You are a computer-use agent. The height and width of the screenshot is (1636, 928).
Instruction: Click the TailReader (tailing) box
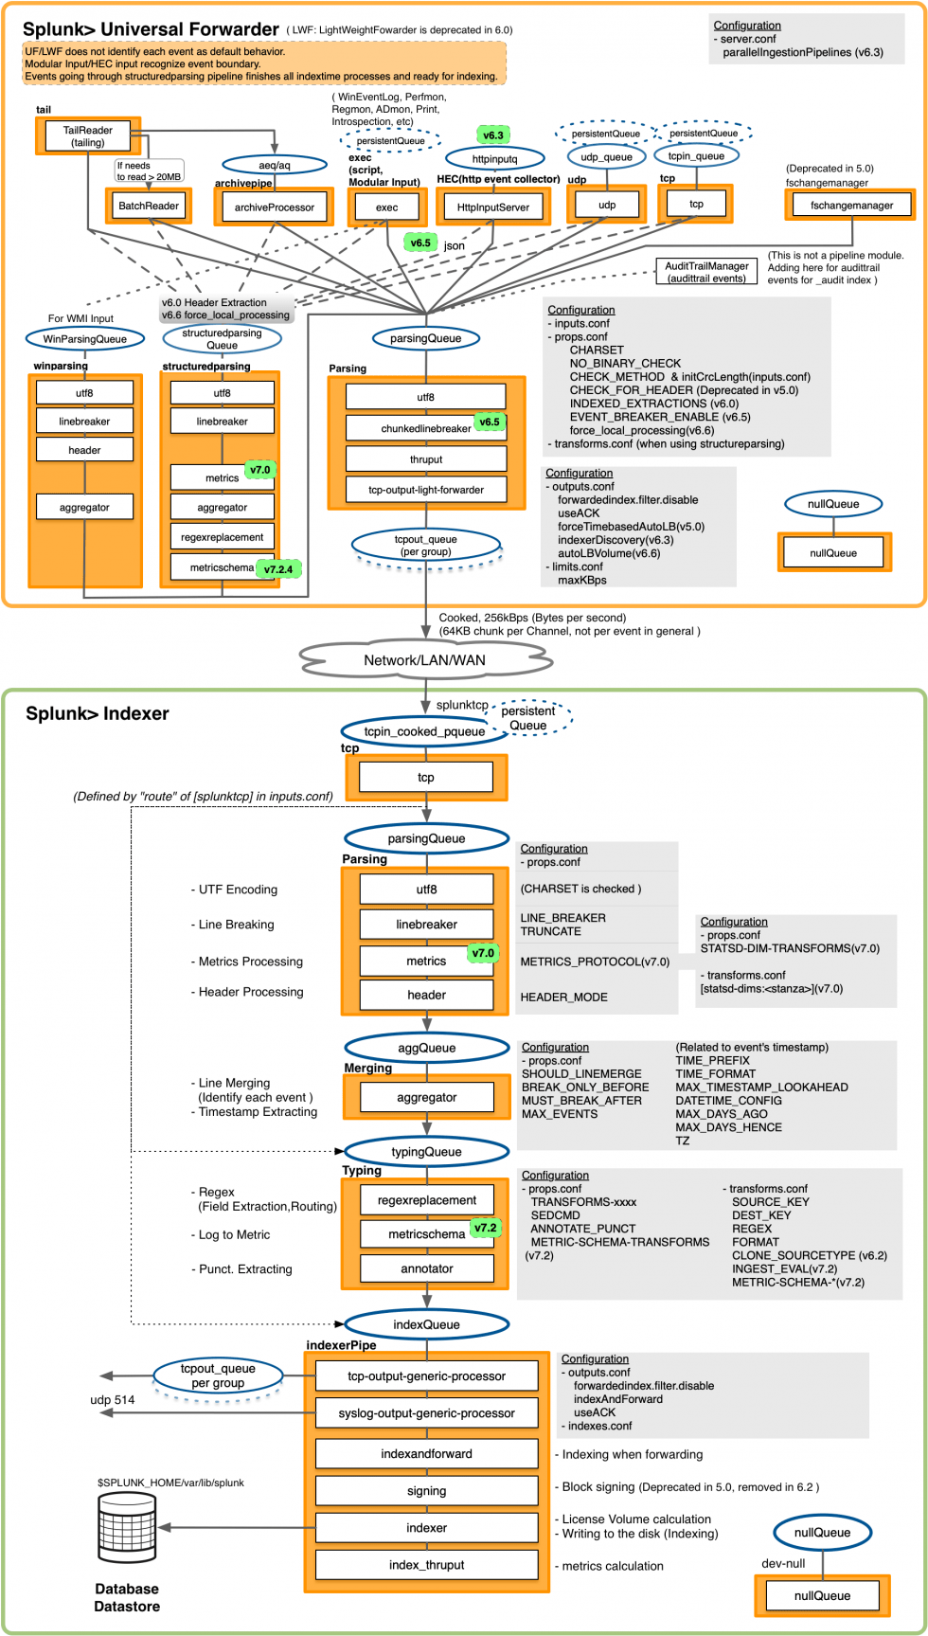tap(88, 136)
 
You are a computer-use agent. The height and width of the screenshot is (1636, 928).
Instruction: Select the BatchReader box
tap(149, 206)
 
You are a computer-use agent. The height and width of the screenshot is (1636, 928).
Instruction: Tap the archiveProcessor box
tap(274, 207)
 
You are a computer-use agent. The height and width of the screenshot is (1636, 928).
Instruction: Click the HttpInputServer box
tap(493, 207)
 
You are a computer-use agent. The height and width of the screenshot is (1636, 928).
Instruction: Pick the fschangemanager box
tap(850, 205)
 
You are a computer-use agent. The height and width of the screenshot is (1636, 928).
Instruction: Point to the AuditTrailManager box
tap(706, 272)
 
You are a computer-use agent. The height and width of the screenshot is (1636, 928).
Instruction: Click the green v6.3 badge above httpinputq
tap(493, 135)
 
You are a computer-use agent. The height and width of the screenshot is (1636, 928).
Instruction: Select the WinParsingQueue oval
tap(84, 338)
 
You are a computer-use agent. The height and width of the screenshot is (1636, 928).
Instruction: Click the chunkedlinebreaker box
tap(425, 428)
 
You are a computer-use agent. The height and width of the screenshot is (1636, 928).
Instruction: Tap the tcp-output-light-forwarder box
tap(425, 490)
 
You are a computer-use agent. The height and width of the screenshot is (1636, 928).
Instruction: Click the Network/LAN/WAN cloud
tap(425, 660)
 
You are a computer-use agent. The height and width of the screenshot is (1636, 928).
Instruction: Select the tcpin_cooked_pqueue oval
tap(424, 731)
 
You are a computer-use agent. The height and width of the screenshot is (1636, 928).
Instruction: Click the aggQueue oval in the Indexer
tap(426, 1048)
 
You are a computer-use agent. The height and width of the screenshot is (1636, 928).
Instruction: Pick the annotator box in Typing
tap(426, 1268)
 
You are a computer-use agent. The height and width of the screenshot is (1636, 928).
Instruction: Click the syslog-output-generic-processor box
tap(426, 1412)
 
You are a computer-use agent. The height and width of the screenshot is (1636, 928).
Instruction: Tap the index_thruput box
tap(426, 1564)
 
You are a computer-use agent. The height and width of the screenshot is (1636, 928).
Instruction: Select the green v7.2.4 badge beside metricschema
tap(278, 569)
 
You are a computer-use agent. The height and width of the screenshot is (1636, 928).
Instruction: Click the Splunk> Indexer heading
tap(97, 714)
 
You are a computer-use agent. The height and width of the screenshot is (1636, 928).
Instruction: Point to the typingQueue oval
tap(426, 1152)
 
